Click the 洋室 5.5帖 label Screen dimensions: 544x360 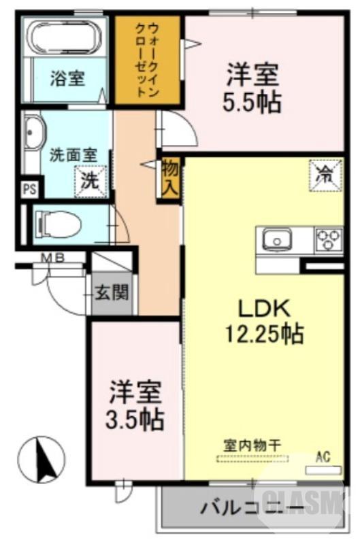pos(252,88)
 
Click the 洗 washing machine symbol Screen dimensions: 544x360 pos(90,181)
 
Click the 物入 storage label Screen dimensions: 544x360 pos(169,177)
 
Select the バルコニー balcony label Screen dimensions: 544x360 pos(251,509)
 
